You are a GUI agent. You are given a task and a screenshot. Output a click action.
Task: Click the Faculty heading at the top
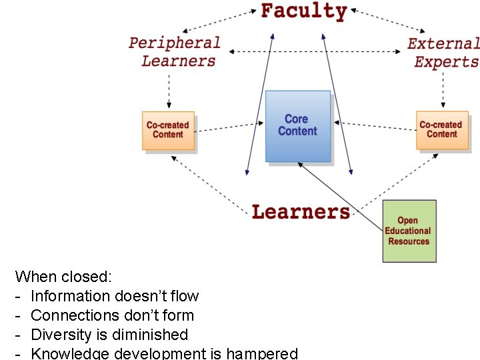[303, 11]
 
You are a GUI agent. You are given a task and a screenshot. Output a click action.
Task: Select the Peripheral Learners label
[175, 52]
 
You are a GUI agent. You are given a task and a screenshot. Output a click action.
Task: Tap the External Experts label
[444, 53]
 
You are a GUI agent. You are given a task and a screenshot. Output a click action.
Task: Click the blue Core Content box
[298, 126]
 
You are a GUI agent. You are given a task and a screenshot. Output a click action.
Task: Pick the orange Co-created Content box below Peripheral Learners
[168, 130]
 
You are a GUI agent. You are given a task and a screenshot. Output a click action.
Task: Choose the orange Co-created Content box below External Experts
[441, 129]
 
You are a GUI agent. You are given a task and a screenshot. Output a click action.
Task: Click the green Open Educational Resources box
[409, 231]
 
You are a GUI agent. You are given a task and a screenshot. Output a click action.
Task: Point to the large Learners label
[301, 212]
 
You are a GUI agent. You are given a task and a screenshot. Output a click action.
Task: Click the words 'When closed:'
[63, 276]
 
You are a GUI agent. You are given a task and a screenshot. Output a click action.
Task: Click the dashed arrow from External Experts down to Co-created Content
[441, 90]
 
